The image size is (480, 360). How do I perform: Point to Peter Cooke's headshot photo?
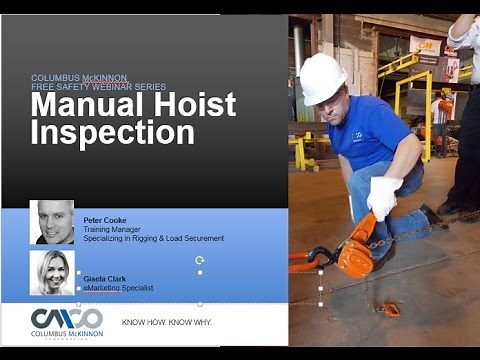coord(51,222)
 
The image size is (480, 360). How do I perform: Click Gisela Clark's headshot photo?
coord(51,272)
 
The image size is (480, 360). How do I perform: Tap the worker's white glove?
coord(382,197)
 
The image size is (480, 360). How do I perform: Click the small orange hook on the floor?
coord(392,309)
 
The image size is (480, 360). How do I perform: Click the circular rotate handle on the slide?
coord(200,259)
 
